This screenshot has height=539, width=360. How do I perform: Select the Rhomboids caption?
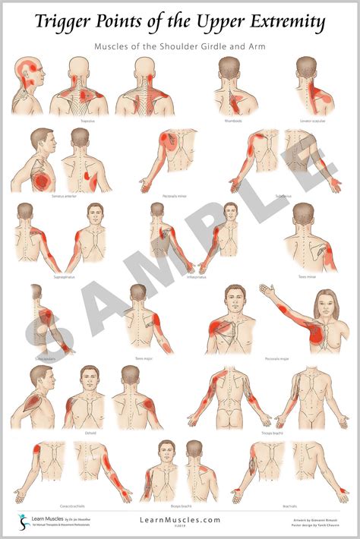pyautogui.click(x=233, y=120)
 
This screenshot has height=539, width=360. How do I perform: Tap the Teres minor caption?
pyautogui.click(x=308, y=276)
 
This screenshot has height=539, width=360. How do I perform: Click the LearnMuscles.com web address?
pyautogui.click(x=179, y=519)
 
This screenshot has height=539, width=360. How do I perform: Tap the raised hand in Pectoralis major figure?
pyautogui.click(x=265, y=289)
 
